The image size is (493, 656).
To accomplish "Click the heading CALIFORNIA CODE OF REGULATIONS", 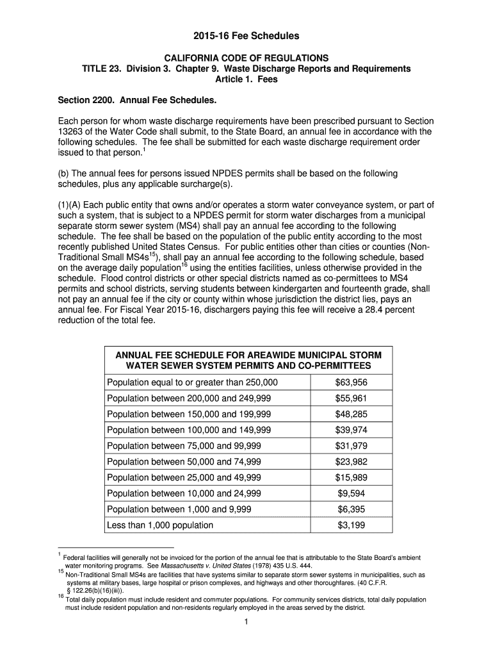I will (x=247, y=58).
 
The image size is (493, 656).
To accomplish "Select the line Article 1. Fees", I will (x=247, y=80).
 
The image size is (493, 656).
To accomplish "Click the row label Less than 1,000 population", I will (x=160, y=525).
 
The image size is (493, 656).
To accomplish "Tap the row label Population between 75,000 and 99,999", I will (x=184, y=446).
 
